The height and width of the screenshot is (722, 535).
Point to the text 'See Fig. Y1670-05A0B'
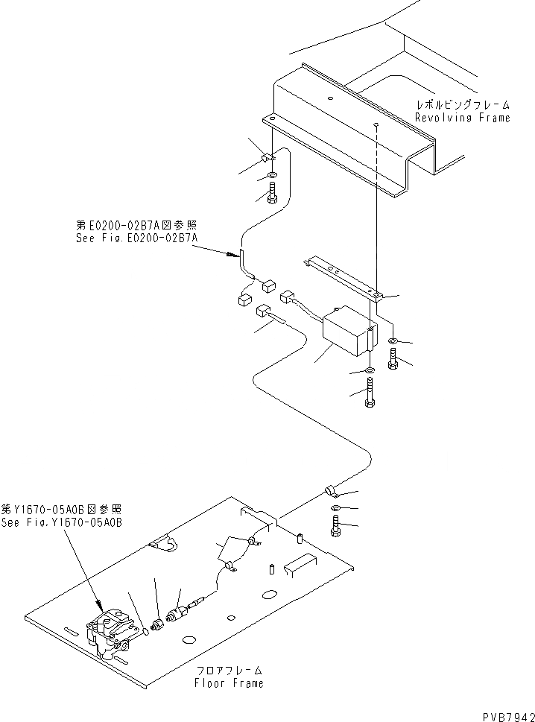click(61, 522)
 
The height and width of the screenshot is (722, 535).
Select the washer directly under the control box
click(370, 370)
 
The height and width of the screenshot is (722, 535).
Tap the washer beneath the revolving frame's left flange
click(271, 177)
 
